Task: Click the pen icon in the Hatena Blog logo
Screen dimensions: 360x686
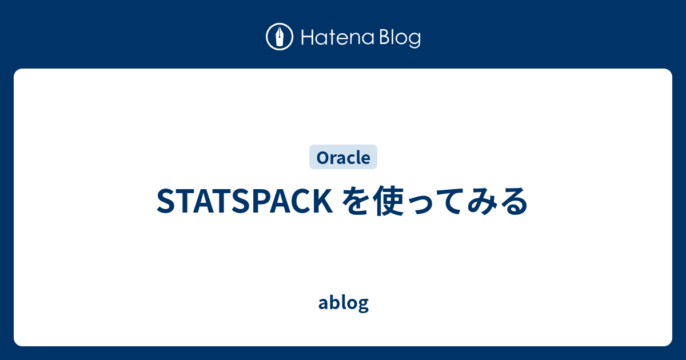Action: (x=280, y=37)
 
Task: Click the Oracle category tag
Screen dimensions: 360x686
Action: (x=343, y=157)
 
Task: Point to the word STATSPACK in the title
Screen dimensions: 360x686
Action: (x=242, y=202)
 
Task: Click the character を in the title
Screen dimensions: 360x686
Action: (x=354, y=202)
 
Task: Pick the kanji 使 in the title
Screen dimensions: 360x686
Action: (x=386, y=202)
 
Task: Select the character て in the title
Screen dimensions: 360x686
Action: (x=448, y=202)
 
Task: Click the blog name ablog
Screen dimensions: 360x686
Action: (x=343, y=303)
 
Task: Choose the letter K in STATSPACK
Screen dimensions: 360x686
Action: (x=318, y=202)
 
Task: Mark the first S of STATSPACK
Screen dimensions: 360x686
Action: (x=164, y=202)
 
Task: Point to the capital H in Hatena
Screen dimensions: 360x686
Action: (x=306, y=38)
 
